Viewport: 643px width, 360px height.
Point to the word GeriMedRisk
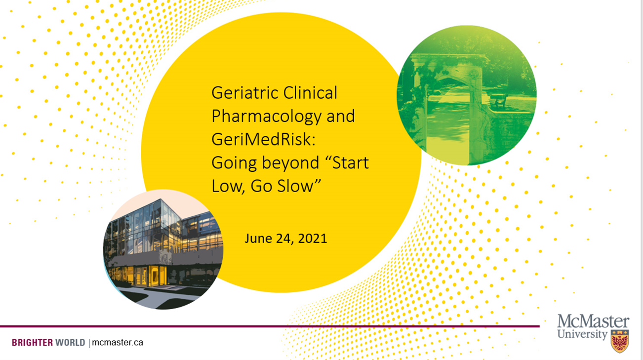pyautogui.click(x=261, y=140)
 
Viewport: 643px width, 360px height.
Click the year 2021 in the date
pyautogui.click(x=312, y=239)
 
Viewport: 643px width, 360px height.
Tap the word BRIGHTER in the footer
pyautogui.click(x=32, y=342)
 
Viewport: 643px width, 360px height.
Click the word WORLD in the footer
pyautogui.click(x=70, y=342)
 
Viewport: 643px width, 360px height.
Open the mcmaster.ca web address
pyautogui.click(x=118, y=342)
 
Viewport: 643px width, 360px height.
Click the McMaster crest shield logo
pyautogui.click(x=620, y=341)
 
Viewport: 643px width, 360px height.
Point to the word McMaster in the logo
pyautogui.click(x=593, y=321)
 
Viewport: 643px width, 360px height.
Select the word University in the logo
pyautogui.click(x=582, y=334)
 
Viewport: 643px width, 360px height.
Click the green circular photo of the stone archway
pyautogui.click(x=466, y=95)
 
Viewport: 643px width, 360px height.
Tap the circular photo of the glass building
pyautogui.click(x=163, y=249)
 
